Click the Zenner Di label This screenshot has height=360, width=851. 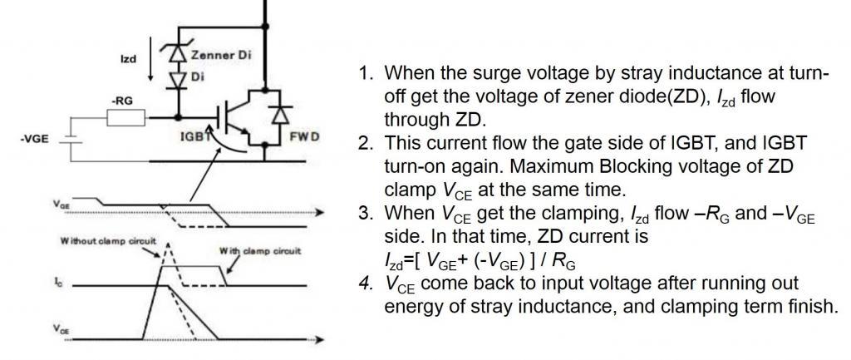pos(220,55)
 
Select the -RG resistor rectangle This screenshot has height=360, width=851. pos(126,117)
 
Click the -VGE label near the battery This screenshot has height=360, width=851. pos(34,139)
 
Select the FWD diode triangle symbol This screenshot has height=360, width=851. pos(281,115)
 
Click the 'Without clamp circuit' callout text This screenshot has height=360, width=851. pos(109,240)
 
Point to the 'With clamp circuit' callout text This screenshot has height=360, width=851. pos(260,251)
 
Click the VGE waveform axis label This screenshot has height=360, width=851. pos(61,205)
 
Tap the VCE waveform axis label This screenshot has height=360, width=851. pos(61,328)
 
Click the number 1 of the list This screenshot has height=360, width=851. pos(364,73)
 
